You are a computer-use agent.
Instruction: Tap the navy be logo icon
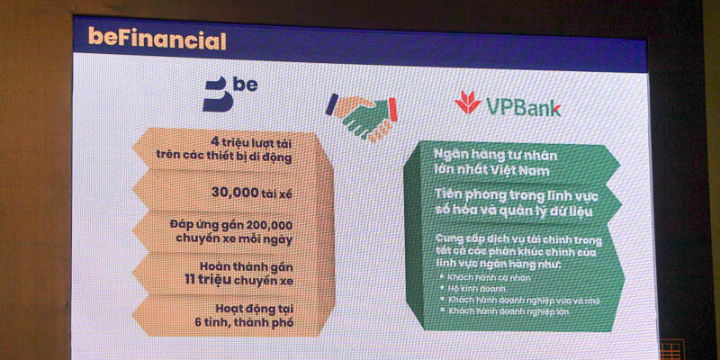(217, 94)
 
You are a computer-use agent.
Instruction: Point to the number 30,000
(213, 191)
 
